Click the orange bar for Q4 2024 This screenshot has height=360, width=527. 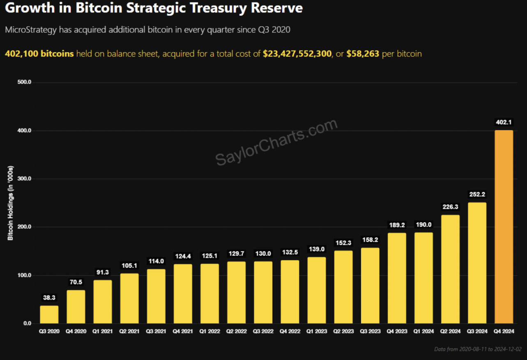[504, 227]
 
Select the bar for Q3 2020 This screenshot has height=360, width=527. [49, 314]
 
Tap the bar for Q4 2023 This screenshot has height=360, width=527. [397, 278]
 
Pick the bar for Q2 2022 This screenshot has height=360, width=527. [236, 293]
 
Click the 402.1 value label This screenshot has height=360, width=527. [504, 122]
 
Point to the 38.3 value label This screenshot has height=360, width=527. [49, 298]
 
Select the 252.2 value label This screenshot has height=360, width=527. [477, 194]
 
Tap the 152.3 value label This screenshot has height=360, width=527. [343, 243]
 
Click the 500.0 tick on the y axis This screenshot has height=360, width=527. [25, 83]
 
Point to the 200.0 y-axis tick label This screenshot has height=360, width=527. [25, 227]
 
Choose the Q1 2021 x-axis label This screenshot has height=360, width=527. [103, 331]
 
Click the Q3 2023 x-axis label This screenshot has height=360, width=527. [370, 331]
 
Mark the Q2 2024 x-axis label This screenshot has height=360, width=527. [450, 331]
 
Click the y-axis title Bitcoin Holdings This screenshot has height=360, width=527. [11, 203]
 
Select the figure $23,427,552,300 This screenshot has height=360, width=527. [297, 54]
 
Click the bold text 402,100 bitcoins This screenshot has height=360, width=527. [39, 54]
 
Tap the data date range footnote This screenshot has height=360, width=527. [478, 349]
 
